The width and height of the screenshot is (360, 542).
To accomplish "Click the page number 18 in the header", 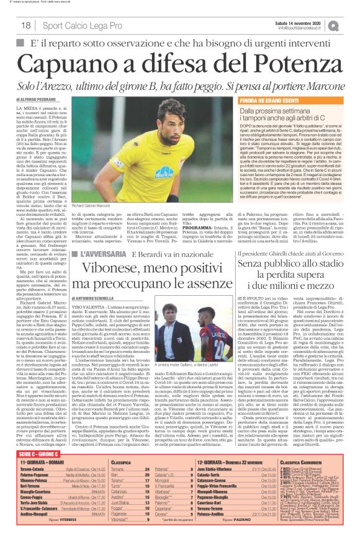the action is pos(25,25).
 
